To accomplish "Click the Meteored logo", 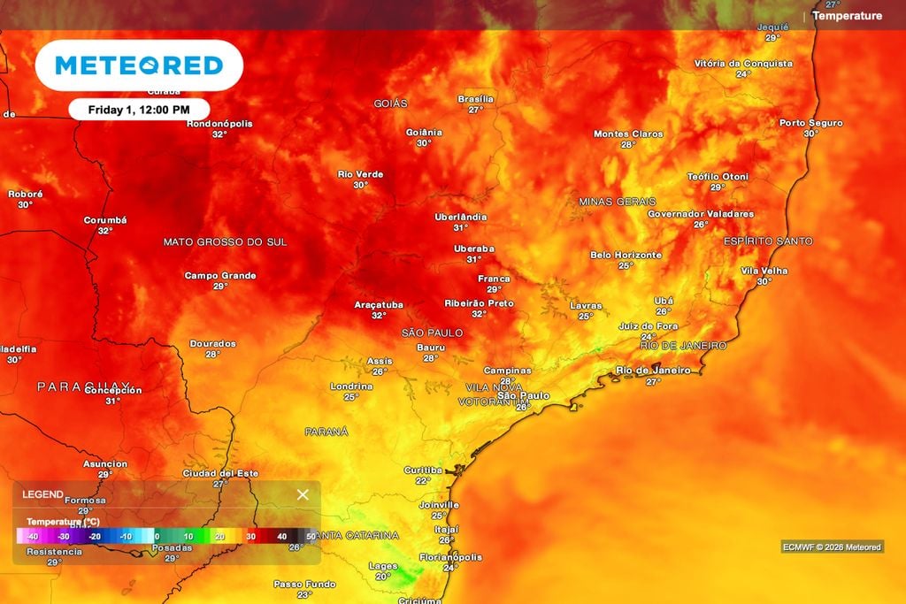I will pyautogui.click(x=139, y=65).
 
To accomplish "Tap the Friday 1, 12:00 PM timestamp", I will pyautogui.click(x=139, y=110).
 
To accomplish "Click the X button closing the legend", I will pyautogui.click(x=303, y=494).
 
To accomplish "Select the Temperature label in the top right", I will pyautogui.click(x=847, y=16).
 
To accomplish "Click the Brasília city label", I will pyautogui.click(x=475, y=99).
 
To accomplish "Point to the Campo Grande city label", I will pyautogui.click(x=220, y=276).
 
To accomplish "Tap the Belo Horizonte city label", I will pyautogui.click(x=626, y=255).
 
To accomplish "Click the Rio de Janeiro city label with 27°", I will pyautogui.click(x=653, y=371).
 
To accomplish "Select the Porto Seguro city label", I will pyautogui.click(x=810, y=123).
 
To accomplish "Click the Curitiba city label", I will pyautogui.click(x=422, y=470).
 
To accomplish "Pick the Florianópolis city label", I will pyautogui.click(x=450, y=557).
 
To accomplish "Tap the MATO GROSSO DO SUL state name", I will pyautogui.click(x=225, y=241).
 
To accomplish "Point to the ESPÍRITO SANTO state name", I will pyautogui.click(x=767, y=241).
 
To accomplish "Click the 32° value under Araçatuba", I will pyautogui.click(x=379, y=316).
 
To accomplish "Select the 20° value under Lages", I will pyautogui.click(x=382, y=577).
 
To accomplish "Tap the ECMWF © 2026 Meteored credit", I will pyautogui.click(x=832, y=547).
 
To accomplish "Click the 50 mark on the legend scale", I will pyautogui.click(x=311, y=536).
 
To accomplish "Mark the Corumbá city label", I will pyautogui.click(x=105, y=220).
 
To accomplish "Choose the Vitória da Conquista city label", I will pyautogui.click(x=743, y=64).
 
